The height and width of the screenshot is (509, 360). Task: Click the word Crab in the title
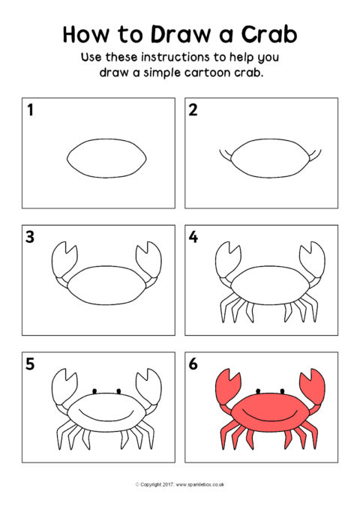[269, 34]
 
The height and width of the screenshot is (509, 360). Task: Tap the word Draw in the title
[181, 34]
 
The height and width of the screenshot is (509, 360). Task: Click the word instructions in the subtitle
[175, 57]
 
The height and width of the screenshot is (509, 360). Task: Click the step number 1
[30, 109]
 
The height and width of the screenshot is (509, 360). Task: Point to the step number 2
[193, 109]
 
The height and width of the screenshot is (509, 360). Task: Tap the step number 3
[30, 237]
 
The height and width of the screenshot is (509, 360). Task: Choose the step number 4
[193, 237]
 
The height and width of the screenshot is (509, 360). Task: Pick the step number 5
[30, 364]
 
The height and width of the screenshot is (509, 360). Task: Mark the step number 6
[193, 364]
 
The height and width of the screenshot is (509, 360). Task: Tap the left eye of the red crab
[258, 391]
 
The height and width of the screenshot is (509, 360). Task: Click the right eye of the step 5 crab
[118, 391]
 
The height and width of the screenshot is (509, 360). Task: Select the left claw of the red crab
[227, 386]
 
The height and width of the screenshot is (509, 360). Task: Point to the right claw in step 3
[148, 259]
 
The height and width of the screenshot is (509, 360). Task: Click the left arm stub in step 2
[226, 155]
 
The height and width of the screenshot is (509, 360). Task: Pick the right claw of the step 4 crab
[312, 259]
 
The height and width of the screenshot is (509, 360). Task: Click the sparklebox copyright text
[180, 484]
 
